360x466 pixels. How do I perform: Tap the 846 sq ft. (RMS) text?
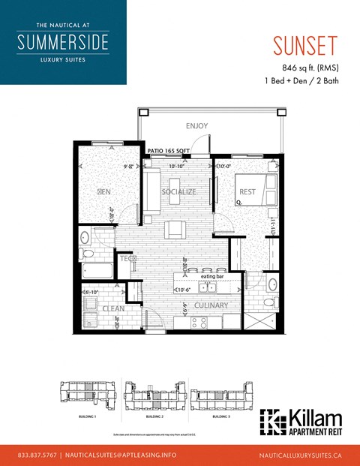click(305, 68)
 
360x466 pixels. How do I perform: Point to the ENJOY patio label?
click(196, 126)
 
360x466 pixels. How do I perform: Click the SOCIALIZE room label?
click(178, 192)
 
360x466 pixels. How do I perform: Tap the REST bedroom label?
click(247, 192)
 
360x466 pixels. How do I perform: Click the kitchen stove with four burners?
click(199, 322)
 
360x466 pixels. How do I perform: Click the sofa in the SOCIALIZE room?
click(151, 192)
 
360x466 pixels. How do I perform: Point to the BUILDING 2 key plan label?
click(154, 414)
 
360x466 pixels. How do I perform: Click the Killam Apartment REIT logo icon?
click(271, 423)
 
